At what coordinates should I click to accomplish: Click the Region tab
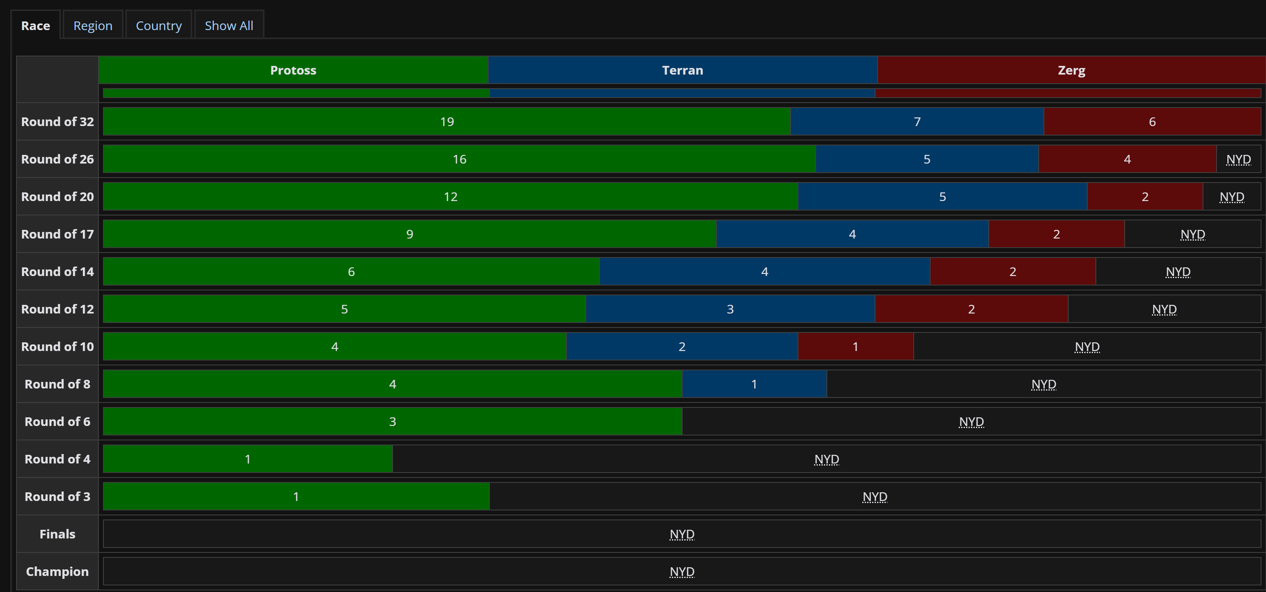[x=92, y=26]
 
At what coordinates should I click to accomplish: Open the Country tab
[x=158, y=26]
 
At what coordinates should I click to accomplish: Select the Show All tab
[x=229, y=26]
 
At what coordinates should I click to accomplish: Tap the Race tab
[x=35, y=26]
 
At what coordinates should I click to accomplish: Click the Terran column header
[x=682, y=70]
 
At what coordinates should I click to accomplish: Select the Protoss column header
[x=293, y=70]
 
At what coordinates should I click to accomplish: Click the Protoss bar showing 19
[x=447, y=122]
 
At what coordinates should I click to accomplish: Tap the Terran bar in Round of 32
[x=917, y=122]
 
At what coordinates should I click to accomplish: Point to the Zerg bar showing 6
[x=1151, y=122]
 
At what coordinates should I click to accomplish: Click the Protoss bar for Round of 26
[x=459, y=159]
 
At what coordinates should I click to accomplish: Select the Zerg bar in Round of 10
[x=855, y=347]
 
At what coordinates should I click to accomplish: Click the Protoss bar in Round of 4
[x=248, y=459]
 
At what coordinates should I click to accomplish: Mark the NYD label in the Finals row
[x=682, y=534]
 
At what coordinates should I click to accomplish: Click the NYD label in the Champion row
[x=682, y=572]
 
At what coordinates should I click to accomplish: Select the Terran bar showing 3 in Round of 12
[x=730, y=309]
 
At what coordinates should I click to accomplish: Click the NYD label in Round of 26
[x=1238, y=159]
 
